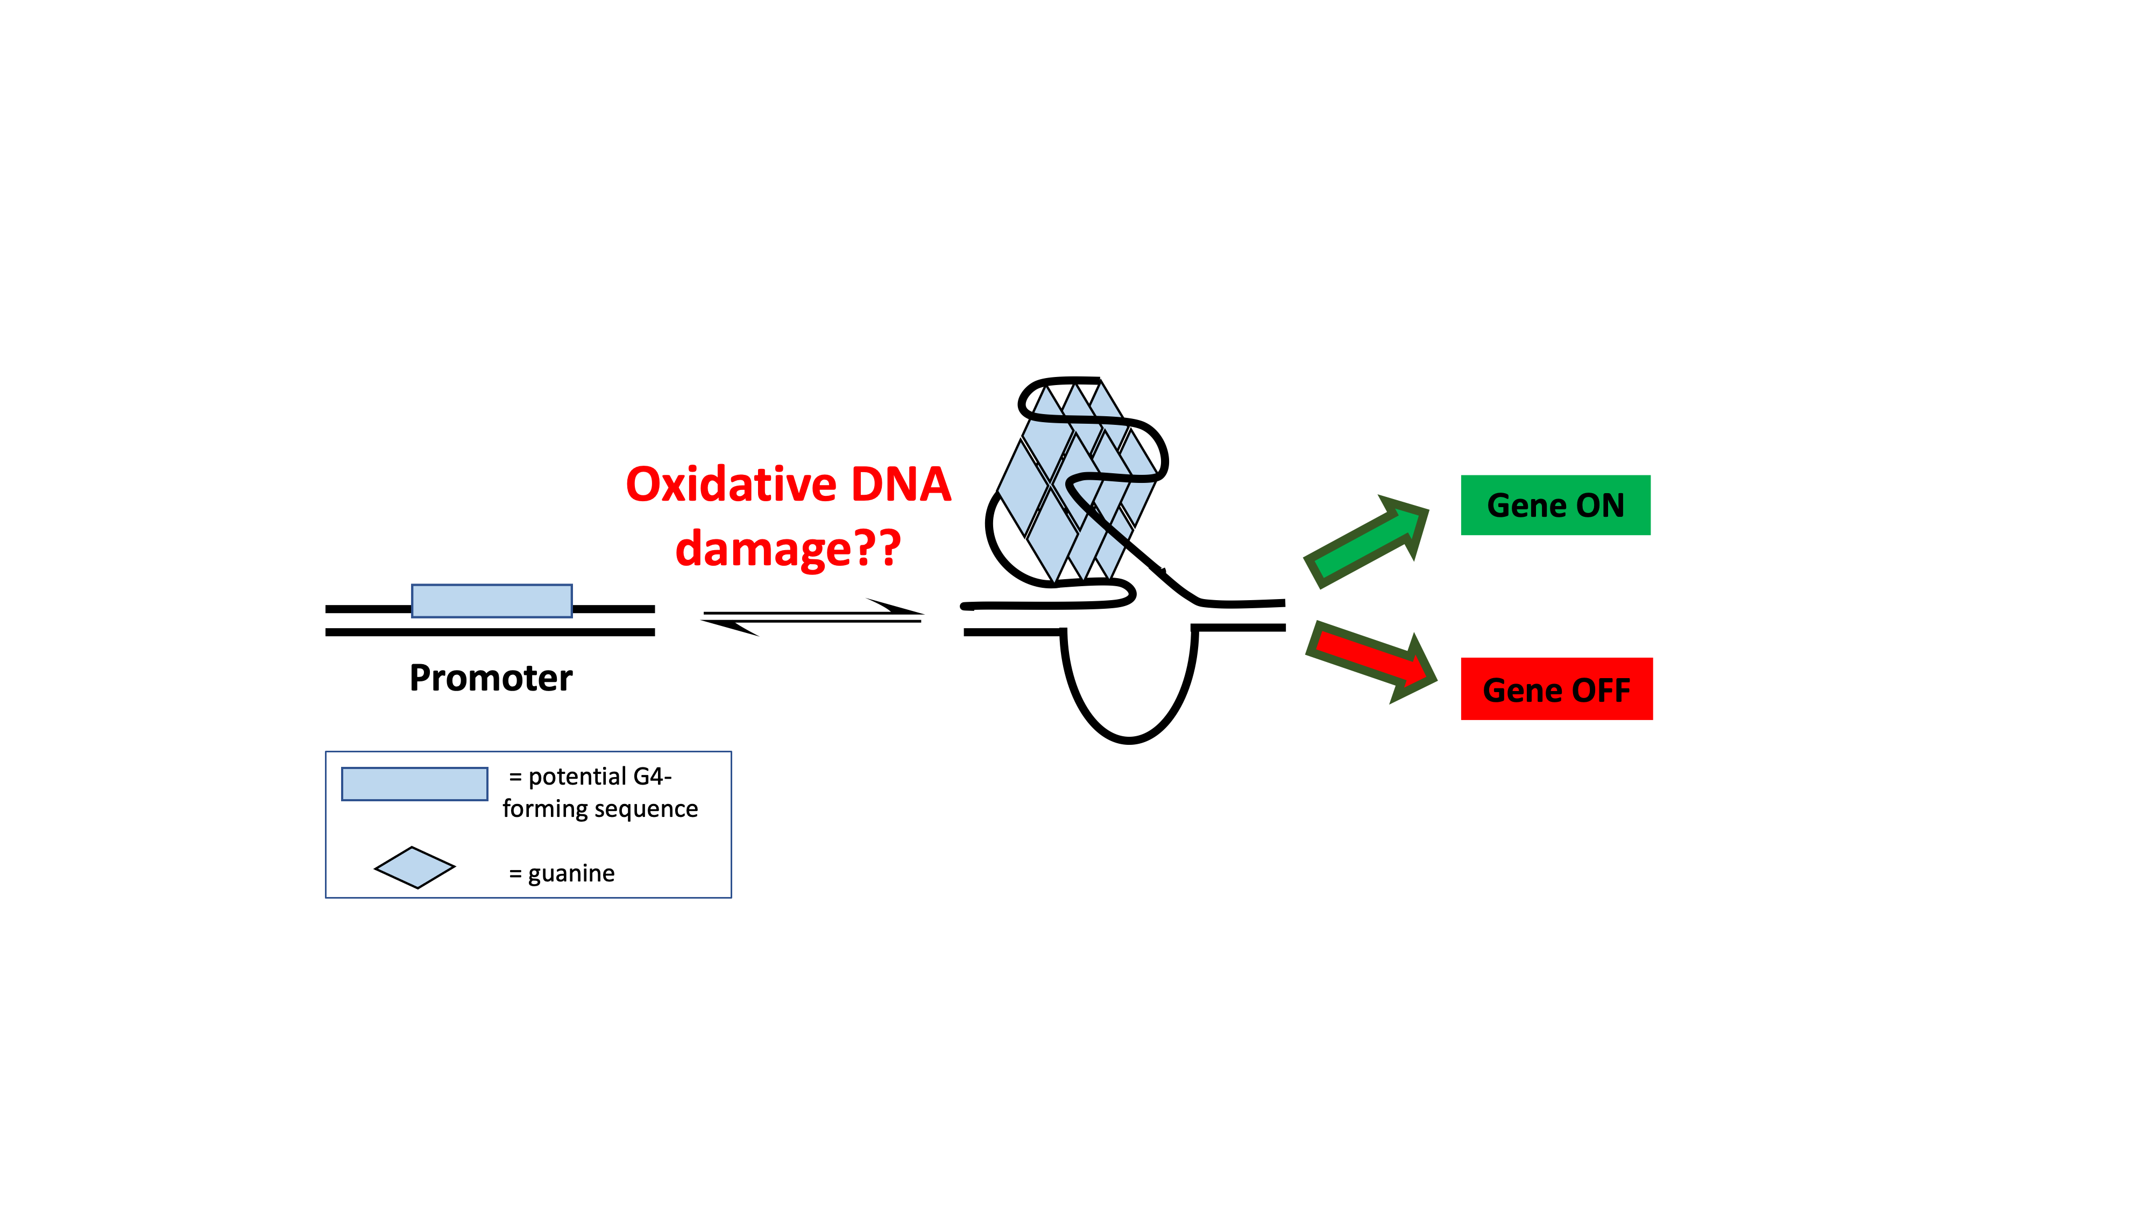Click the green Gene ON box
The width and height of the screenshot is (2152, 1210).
click(x=1555, y=505)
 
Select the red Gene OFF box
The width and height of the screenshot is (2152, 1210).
click(x=1557, y=689)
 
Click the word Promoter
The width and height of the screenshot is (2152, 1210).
click(x=491, y=678)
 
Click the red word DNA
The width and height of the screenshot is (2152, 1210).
click(x=901, y=485)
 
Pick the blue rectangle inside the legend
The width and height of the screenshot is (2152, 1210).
click(x=414, y=784)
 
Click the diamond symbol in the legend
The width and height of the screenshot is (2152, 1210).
click(x=414, y=867)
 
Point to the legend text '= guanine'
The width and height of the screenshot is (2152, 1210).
click(x=561, y=873)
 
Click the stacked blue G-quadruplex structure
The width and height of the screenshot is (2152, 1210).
click(x=1078, y=480)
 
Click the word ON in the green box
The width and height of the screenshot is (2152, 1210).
click(x=1600, y=505)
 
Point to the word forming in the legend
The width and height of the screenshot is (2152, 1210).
click(x=544, y=809)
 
